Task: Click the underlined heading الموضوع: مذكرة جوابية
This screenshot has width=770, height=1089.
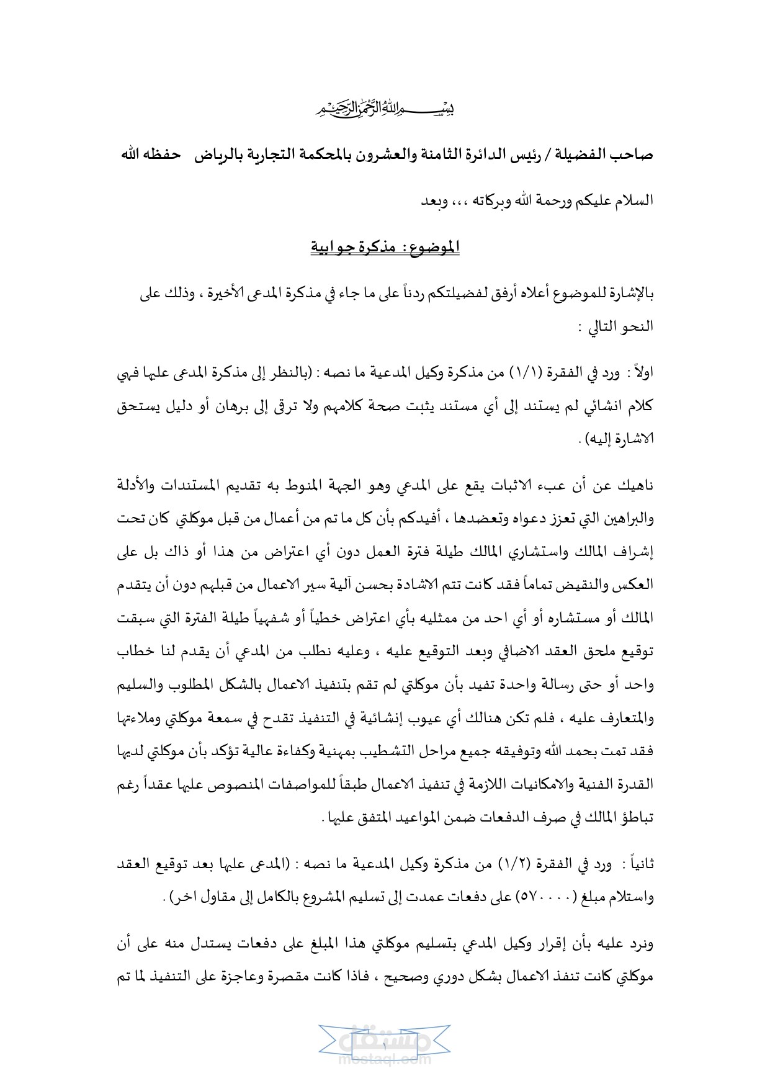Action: click(x=385, y=247)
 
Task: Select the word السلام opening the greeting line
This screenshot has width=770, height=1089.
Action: click(x=632, y=201)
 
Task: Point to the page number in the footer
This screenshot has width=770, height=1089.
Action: click(x=385, y=1047)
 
